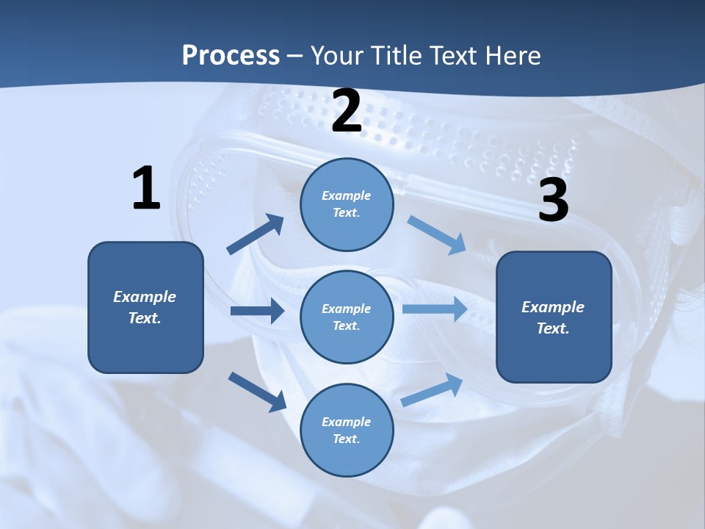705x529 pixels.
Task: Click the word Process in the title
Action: [231, 56]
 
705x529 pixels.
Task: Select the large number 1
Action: [146, 189]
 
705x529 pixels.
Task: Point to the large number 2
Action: [347, 112]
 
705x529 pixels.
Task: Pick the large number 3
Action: [553, 201]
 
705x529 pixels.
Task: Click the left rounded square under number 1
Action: [145, 307]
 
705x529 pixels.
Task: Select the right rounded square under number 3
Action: [554, 317]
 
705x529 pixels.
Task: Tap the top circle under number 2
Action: [347, 204]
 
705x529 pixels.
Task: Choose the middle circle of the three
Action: [347, 317]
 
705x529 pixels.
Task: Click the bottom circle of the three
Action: [347, 430]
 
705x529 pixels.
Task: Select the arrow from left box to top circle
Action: [256, 234]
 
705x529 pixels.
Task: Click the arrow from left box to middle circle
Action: [257, 311]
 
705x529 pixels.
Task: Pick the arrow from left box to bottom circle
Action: [257, 391]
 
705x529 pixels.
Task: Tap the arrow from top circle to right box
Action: [437, 235]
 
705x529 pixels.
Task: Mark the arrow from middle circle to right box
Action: [435, 309]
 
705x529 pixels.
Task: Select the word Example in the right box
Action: [553, 307]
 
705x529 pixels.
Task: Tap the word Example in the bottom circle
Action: [347, 422]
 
